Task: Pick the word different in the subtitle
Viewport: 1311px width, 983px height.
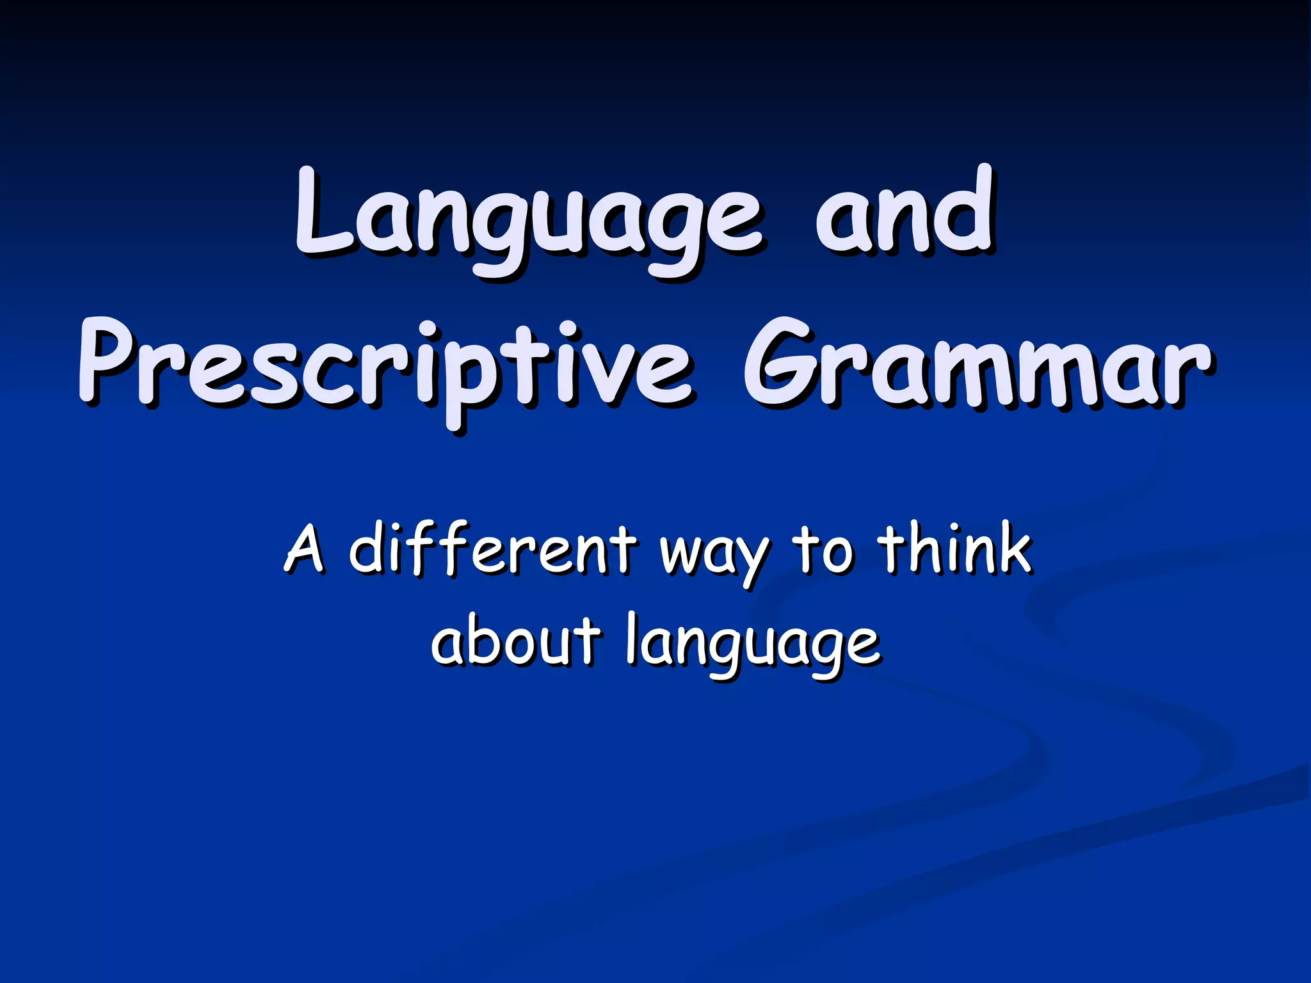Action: (x=493, y=549)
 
